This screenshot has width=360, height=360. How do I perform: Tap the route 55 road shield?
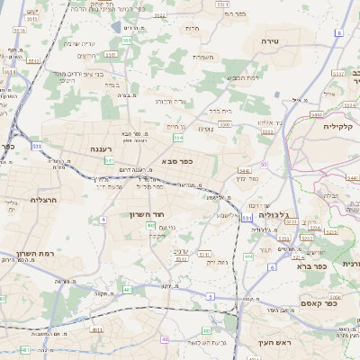click(264, 165)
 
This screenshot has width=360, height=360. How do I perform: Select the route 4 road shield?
click(103, 219)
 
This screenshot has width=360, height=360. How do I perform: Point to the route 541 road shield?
click(109, 160)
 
